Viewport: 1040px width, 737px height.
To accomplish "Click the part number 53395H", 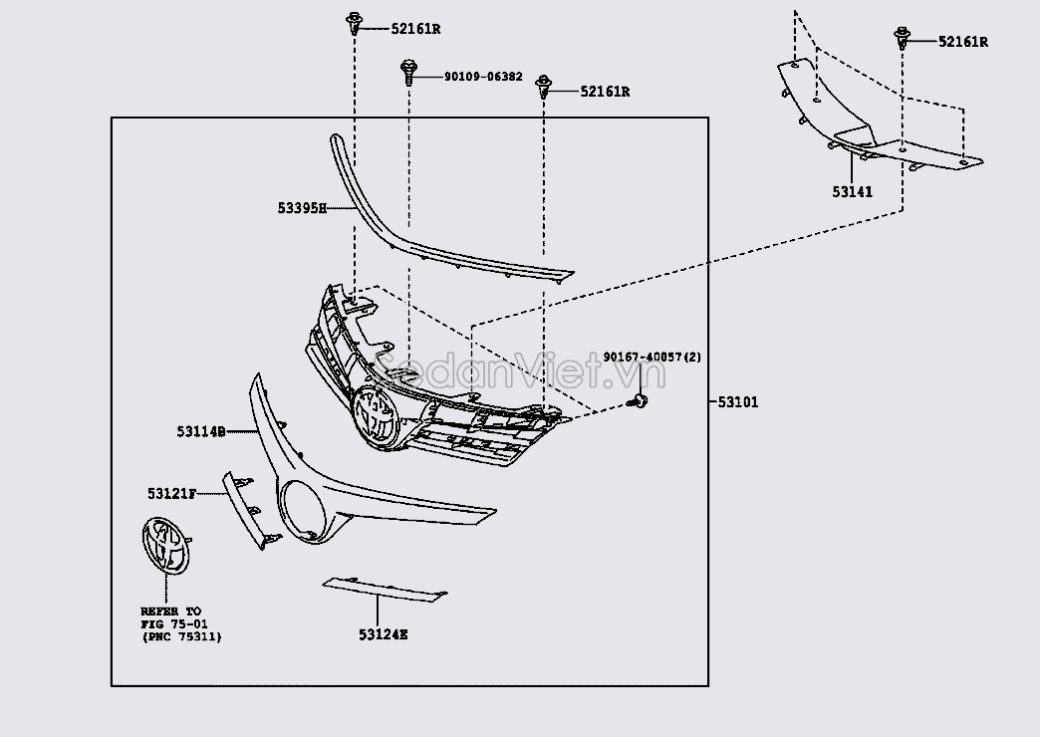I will coord(302,208).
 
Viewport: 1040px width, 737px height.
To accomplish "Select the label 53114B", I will coord(200,431).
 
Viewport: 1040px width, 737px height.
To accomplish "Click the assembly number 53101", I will coord(738,402).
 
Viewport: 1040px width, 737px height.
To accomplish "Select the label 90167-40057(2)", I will coord(652,358).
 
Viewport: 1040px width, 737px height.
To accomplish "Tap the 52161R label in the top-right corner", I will coord(962,42).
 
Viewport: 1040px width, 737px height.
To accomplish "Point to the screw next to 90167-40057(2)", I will coord(640,400).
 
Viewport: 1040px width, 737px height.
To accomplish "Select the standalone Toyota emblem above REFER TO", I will coord(164,545).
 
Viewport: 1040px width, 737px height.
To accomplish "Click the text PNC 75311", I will coord(181,636).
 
